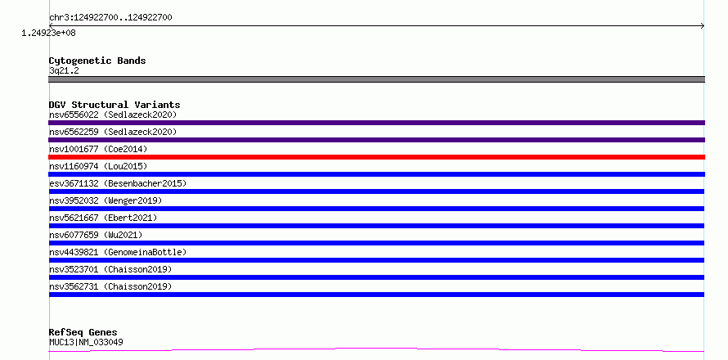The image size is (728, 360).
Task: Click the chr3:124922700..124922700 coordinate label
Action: [110, 18]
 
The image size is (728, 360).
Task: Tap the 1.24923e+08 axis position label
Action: [49, 33]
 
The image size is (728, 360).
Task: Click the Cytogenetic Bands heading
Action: [97, 61]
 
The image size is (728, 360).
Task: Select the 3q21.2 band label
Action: [64, 70]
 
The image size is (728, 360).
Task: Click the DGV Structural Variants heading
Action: [115, 105]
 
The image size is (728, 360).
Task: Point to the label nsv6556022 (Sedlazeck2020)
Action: [113, 115]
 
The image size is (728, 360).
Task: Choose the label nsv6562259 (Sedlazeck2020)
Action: [113, 132]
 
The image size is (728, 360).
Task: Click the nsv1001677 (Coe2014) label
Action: [98, 149]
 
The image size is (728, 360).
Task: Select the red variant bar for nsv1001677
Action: [376, 157]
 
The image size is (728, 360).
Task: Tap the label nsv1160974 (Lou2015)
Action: [98, 166]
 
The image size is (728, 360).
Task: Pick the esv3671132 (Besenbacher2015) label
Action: [118, 183]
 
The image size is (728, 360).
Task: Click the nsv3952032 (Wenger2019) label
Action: [106, 200]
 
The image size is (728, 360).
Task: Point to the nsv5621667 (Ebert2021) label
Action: [103, 218]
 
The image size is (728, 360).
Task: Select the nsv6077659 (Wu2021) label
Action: [96, 235]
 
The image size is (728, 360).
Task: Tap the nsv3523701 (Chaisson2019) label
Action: [110, 269]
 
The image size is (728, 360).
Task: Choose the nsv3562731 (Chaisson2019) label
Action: [110, 286]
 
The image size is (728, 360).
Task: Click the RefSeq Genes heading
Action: [83, 333]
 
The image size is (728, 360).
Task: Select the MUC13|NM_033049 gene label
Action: [86, 342]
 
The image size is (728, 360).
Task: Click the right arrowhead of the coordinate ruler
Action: [703, 26]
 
